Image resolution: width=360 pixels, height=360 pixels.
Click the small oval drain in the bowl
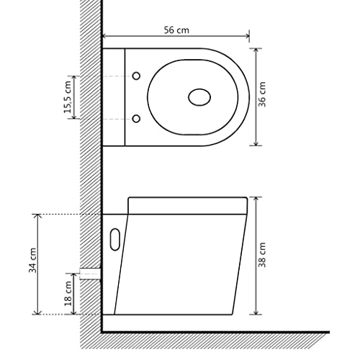tap(199, 96)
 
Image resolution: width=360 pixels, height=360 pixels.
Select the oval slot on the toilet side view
tap(113, 240)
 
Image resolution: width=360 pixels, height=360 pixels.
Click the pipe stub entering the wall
tap(90, 273)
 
